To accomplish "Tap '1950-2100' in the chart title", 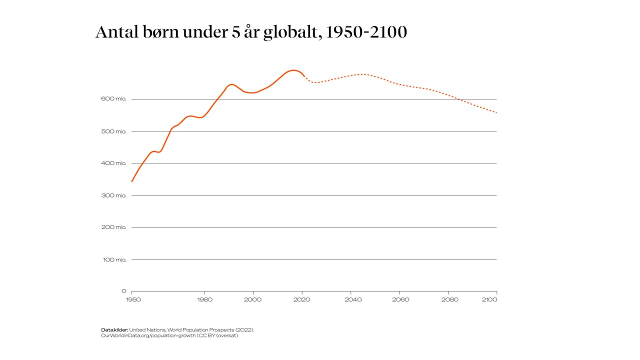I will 366,32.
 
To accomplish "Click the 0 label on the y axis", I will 123,291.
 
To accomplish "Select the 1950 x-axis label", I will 133,299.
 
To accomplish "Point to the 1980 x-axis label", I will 205,299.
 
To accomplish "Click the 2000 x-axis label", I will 253,299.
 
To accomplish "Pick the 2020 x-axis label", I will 302,299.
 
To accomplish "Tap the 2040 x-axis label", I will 351,299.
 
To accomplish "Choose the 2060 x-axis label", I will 400,299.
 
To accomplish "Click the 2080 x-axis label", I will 448,299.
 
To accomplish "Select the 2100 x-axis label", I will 489,299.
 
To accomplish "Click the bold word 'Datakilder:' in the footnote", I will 114,330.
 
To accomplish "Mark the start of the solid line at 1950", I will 132,181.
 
